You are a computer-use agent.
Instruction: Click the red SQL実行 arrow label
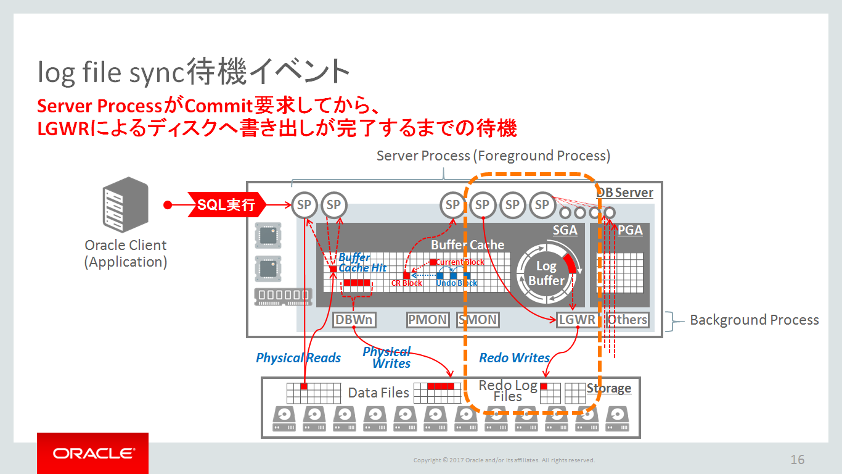[226, 205]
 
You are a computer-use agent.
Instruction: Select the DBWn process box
[354, 320]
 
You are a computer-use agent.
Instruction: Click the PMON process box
[427, 320]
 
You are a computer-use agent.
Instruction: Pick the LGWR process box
[577, 320]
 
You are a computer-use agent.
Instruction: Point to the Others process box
[627, 320]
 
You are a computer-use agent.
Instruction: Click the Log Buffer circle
[546, 273]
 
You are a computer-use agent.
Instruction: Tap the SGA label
[565, 230]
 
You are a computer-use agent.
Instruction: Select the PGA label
[630, 230]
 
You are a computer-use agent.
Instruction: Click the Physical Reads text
[298, 358]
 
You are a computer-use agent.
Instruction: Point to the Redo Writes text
[514, 358]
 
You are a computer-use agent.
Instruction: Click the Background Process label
[754, 320]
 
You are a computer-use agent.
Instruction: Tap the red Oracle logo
[92, 454]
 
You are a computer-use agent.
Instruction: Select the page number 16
[797, 460]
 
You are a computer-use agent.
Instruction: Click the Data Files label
[378, 393]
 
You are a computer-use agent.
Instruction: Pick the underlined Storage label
[608, 388]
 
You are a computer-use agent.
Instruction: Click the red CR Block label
[407, 283]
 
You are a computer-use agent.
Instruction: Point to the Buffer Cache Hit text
[361, 263]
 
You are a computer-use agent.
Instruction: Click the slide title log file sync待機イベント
[194, 72]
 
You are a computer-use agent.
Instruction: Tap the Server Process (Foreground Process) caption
[493, 156]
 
